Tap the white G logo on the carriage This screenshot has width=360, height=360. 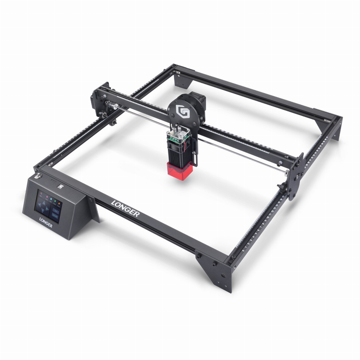pos(183,112)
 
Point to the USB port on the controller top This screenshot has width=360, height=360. pos(61,186)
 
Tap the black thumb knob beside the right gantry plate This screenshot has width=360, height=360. pos(281,187)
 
